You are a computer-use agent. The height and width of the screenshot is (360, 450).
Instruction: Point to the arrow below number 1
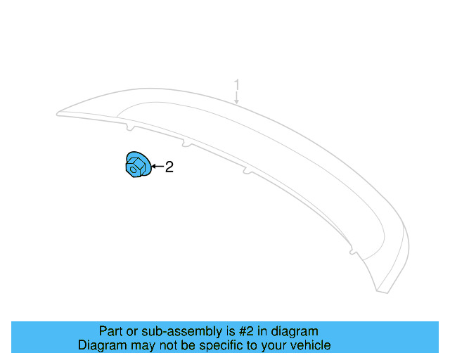(237, 98)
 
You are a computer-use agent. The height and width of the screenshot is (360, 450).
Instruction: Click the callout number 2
(169, 167)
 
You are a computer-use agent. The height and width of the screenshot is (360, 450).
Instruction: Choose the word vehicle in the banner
(307, 345)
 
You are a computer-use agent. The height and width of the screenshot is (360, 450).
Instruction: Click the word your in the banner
(270, 345)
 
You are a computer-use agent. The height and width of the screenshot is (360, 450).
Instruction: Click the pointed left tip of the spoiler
(59, 112)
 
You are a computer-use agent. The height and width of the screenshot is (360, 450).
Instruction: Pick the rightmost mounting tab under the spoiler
(352, 250)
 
